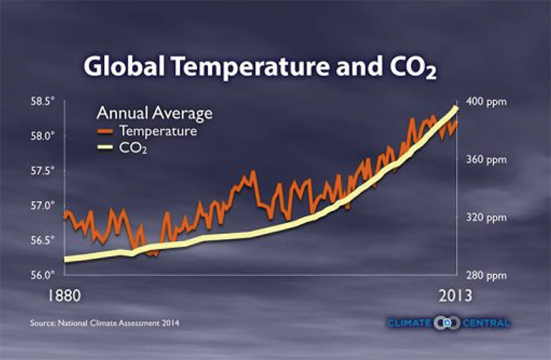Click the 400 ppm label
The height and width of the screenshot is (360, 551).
[x=486, y=102]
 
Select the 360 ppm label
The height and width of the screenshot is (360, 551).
[x=486, y=160]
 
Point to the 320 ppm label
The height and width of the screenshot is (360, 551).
[x=486, y=218]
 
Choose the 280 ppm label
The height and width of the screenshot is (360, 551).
[x=486, y=275]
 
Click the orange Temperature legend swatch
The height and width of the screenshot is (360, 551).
[x=105, y=130]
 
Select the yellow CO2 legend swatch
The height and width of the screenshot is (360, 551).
[x=105, y=147]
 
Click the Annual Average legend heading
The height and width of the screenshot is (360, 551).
[x=154, y=112]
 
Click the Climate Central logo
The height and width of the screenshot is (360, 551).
[x=448, y=322]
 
